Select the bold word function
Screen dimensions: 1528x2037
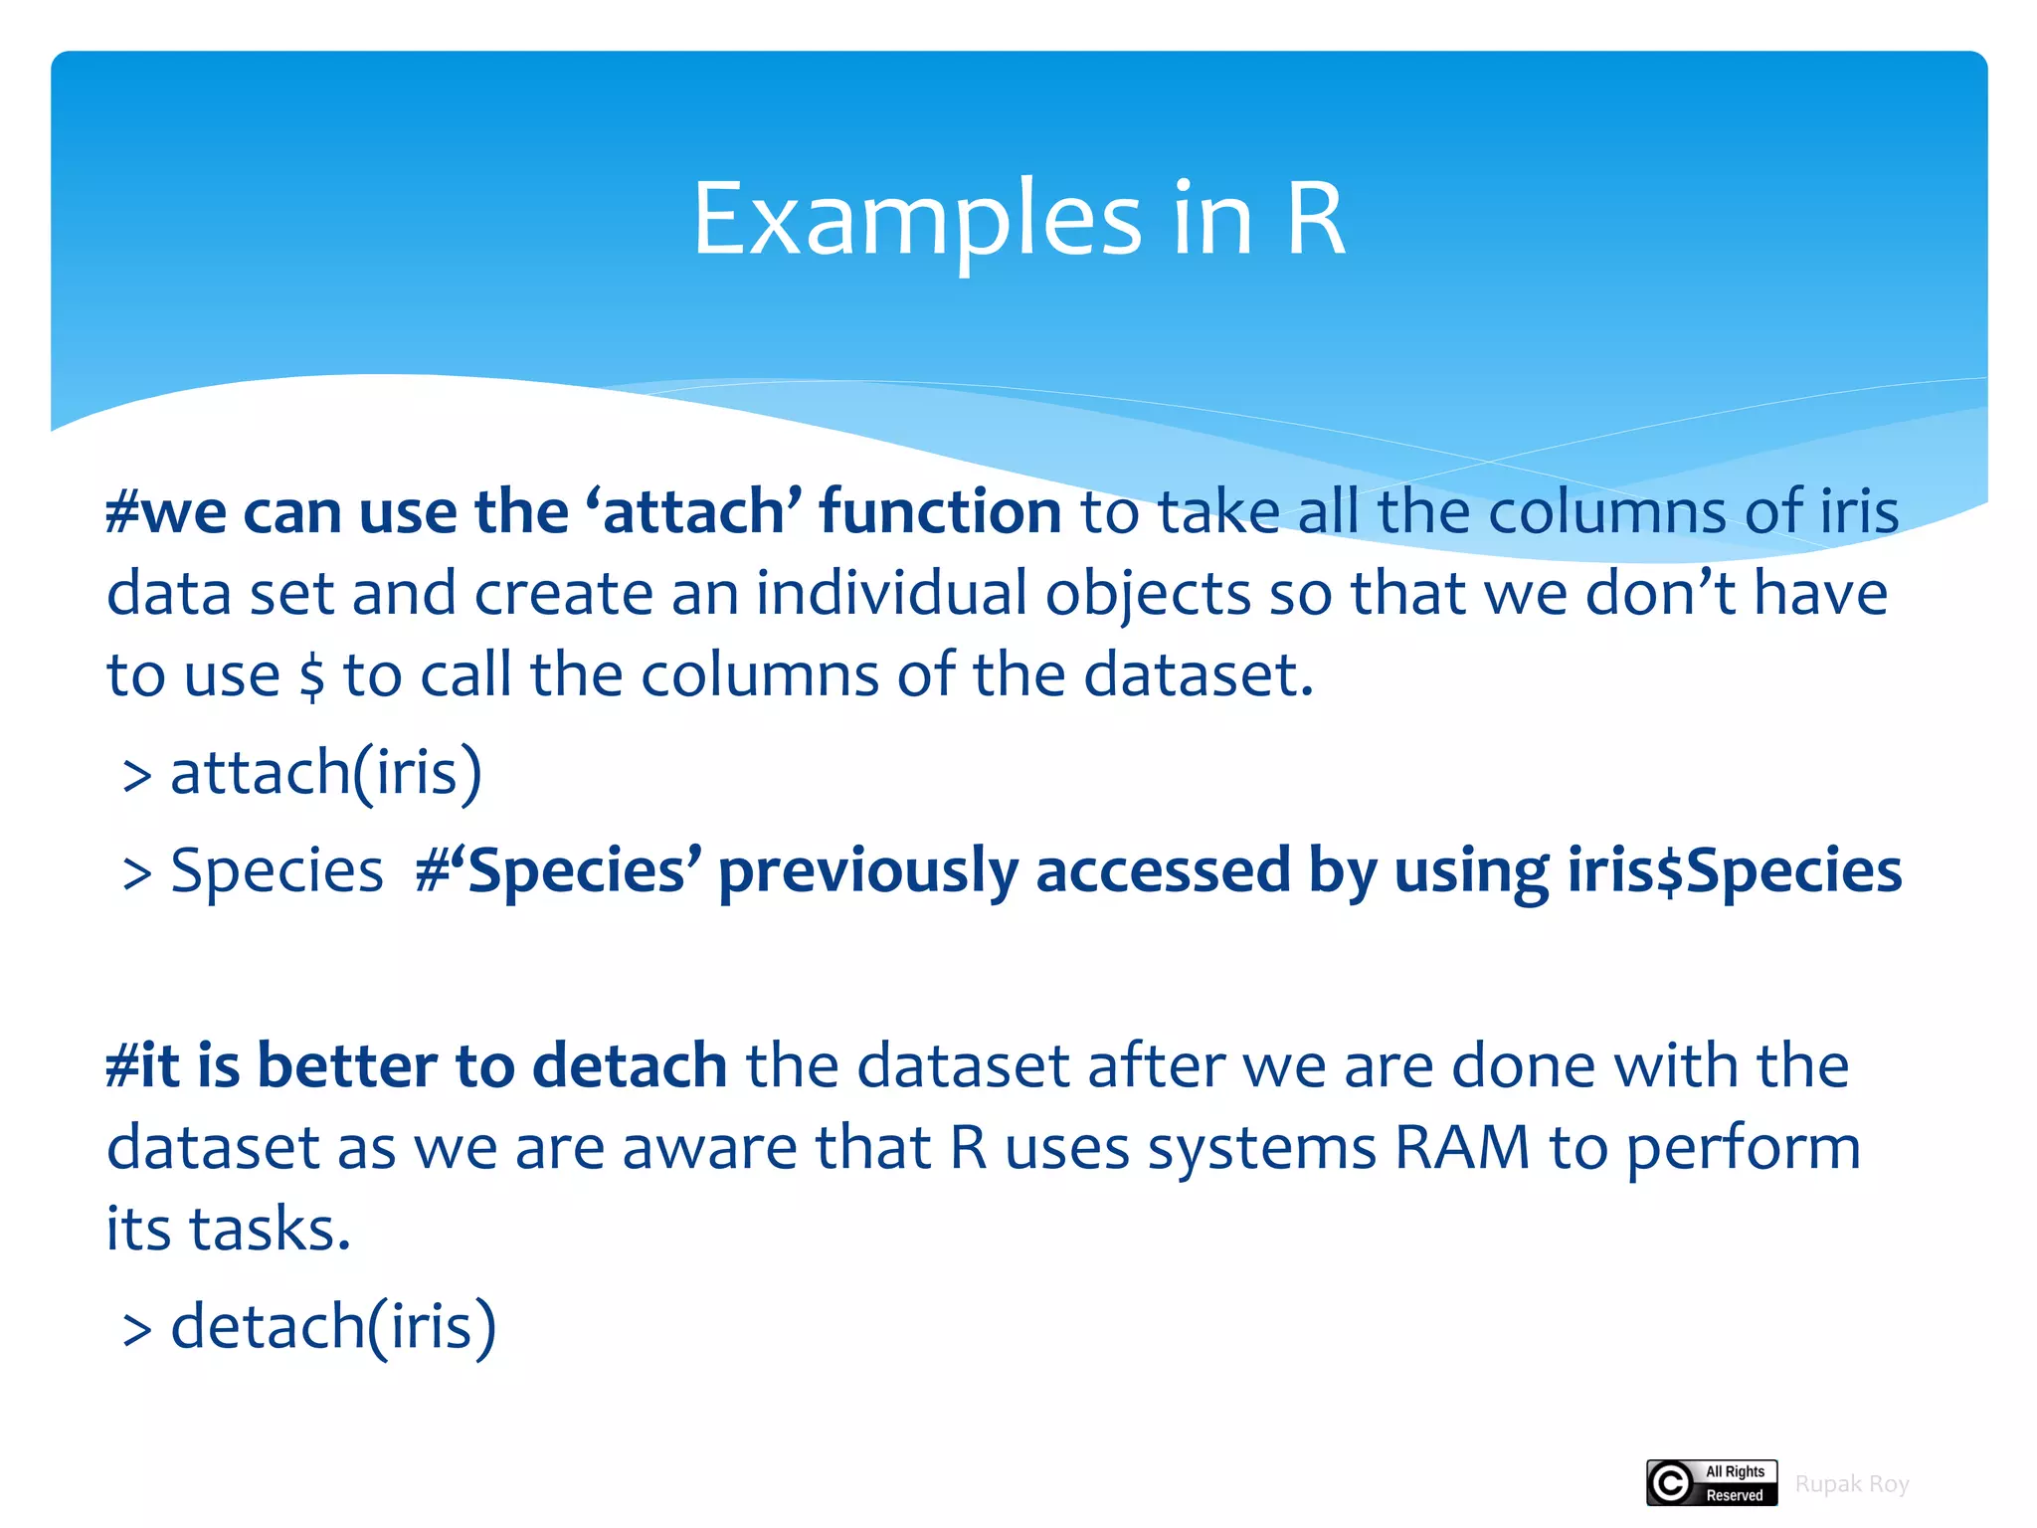point(940,511)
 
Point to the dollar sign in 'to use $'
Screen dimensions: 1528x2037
point(311,676)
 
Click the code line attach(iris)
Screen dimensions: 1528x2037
point(325,772)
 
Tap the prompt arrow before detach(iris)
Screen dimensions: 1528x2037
point(136,1330)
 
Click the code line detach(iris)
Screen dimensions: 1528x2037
point(332,1327)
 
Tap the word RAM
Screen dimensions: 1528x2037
point(1462,1147)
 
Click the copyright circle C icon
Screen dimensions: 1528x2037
point(1670,1483)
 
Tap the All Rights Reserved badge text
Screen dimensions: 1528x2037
point(1734,1483)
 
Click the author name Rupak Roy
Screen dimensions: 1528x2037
point(1851,1484)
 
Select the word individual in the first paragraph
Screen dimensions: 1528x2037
point(891,594)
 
